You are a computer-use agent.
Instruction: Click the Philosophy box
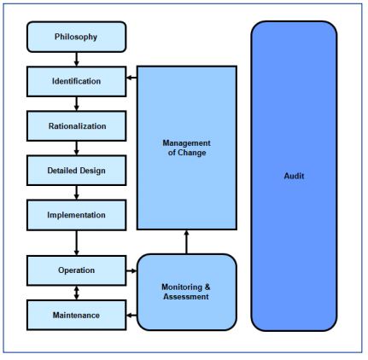76,37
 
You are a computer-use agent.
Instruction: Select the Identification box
76,81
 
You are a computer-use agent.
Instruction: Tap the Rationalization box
76,126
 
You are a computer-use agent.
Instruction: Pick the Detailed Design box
76,171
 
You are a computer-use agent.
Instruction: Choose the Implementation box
76,215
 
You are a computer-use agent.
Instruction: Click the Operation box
76,270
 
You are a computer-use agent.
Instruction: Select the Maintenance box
76,315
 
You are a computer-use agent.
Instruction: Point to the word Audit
294,176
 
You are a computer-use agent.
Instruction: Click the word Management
186,142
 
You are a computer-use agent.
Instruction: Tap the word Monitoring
182,287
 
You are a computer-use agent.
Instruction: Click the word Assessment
186,297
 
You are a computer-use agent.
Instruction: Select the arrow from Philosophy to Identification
76,59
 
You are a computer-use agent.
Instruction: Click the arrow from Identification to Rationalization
76,104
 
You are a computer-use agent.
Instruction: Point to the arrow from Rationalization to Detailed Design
76,148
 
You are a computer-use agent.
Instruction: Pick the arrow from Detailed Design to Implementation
76,193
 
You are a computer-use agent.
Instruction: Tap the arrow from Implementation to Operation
76,243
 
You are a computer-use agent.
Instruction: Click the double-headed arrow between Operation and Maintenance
76,293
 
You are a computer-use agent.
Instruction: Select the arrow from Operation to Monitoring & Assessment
131,270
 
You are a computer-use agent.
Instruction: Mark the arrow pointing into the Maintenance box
131,315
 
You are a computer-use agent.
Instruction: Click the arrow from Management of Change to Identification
131,78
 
